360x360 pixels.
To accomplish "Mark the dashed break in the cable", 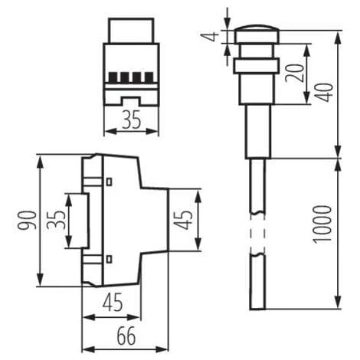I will (x=257, y=234).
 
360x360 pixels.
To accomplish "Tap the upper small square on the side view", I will (x=110, y=181).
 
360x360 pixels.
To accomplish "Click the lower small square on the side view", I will (x=110, y=258).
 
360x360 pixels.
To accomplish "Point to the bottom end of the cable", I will (x=257, y=306).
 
